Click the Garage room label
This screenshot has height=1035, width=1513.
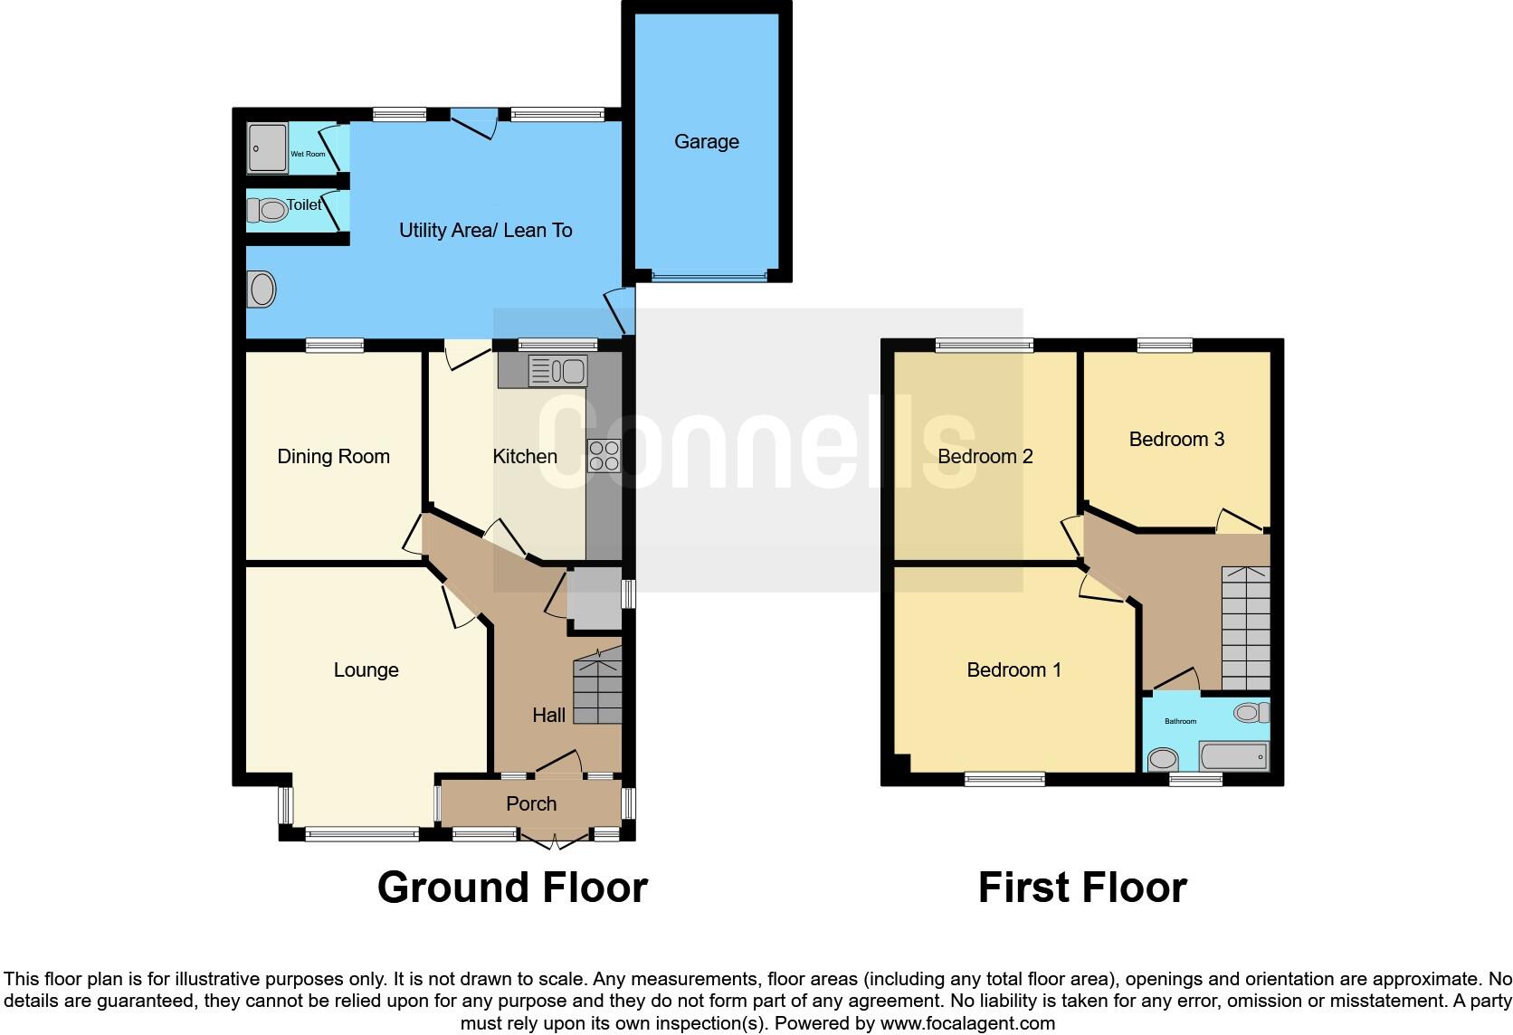coord(706,142)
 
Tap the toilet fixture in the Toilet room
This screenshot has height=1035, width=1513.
coord(268,211)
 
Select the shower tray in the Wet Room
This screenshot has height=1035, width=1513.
coord(267,148)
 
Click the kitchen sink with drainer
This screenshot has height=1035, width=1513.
coord(557,371)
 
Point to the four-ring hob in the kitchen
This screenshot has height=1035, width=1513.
coord(604,455)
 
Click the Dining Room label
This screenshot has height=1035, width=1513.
coord(333,457)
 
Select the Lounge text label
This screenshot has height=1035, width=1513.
coord(366,670)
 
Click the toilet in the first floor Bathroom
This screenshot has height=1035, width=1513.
coord(1252,713)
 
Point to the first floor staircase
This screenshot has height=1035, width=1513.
coord(1246,629)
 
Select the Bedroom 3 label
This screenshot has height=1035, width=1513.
coord(1176,440)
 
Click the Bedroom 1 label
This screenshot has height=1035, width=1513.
coord(1013,670)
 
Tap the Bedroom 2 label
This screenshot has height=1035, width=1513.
coord(985,457)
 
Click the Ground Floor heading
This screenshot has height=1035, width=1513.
coord(512,888)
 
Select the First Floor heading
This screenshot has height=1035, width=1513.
coord(1082,888)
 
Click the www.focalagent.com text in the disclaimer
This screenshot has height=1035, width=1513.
coord(967,1024)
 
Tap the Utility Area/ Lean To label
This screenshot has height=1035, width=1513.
coord(485,231)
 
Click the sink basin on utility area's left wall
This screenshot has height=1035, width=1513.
coord(262,290)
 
